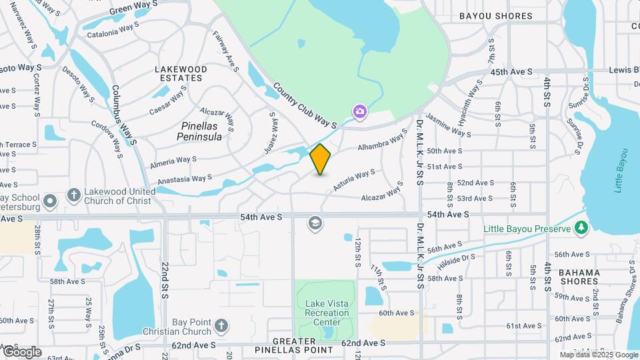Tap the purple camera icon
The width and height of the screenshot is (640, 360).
pos(359,111)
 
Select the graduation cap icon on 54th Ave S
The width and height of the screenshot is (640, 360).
pos(315,223)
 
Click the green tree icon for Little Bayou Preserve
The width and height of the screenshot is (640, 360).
pos(581,229)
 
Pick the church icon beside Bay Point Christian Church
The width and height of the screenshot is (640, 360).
pos(221,327)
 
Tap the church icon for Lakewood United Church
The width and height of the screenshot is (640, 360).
pos(74,196)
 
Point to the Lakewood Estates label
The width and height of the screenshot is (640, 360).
pos(178,73)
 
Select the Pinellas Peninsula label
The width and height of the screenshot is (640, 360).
pos(201,131)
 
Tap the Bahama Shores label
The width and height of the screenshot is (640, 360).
pos(579,277)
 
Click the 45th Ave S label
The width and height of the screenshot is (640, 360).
pos(511,71)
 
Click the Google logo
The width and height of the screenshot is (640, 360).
pos(22,351)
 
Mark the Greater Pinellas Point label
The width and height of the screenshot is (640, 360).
pos(294,345)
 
